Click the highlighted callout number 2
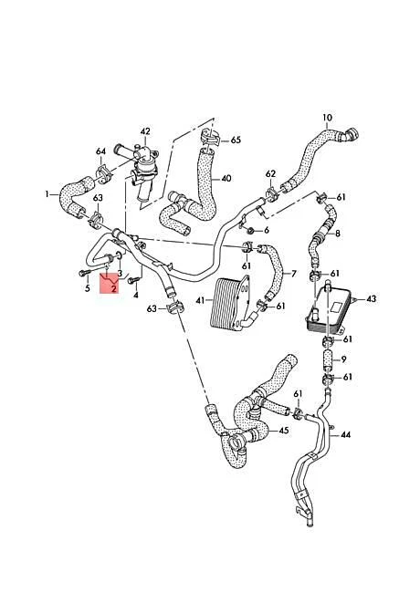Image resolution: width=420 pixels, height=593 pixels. [114, 288]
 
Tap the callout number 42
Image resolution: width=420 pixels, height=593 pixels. [145, 131]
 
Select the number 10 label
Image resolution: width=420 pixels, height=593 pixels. [328, 118]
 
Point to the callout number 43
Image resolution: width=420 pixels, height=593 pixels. [371, 298]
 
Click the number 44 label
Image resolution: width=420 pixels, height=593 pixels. [345, 435]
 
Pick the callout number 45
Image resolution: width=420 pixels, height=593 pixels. [284, 431]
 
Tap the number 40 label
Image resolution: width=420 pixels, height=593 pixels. [226, 178]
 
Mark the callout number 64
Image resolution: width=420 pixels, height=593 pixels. [100, 151]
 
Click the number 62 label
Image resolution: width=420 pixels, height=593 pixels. [270, 173]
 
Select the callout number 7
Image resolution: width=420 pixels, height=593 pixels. [293, 273]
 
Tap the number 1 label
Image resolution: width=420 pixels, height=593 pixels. [47, 193]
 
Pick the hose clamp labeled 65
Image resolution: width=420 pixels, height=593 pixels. [209, 139]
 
